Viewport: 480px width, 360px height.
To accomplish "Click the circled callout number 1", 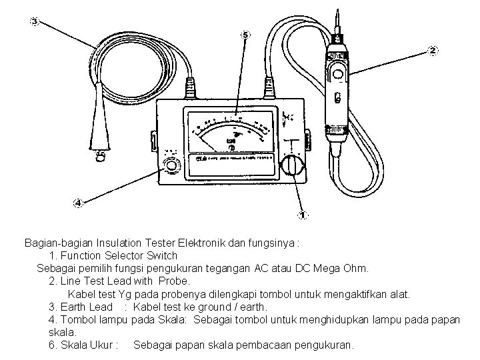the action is [x=302, y=215].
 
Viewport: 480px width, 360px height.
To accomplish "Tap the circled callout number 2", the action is [x=433, y=51].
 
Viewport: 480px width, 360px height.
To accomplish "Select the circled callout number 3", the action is [x=33, y=21].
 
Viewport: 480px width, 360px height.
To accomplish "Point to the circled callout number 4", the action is [x=78, y=203].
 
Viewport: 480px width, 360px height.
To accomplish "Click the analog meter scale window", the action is [x=231, y=131].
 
